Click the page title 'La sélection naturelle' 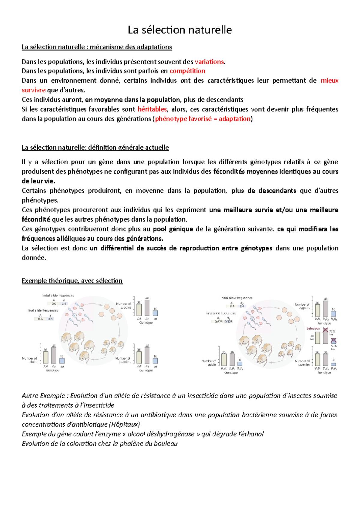[x=180, y=30]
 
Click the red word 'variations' [x=209, y=62]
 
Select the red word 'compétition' [x=187, y=71]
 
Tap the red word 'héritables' [x=152, y=109]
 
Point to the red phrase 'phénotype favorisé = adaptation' [x=203, y=119]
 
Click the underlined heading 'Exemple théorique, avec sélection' [x=72, y=281]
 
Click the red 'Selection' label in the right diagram [x=313, y=329]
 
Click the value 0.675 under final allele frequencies [x=218, y=322]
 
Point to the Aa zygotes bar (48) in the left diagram [x=147, y=308]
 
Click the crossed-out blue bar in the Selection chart [x=333, y=341]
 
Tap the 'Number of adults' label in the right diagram [x=209, y=363]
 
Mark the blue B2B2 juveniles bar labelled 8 [x=333, y=364]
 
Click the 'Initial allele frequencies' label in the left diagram [x=58, y=296]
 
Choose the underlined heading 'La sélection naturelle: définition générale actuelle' [x=95, y=148]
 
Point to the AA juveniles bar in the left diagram [x=139, y=357]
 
